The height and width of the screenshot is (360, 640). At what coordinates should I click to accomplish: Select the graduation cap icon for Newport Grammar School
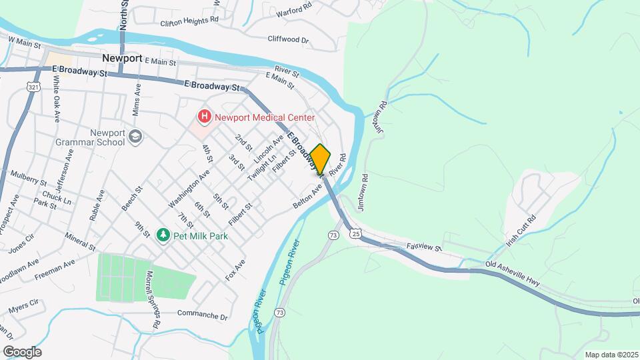tap(136, 137)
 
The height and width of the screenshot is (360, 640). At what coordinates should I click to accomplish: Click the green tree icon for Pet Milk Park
tap(163, 235)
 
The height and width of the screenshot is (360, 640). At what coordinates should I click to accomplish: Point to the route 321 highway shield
tap(33, 87)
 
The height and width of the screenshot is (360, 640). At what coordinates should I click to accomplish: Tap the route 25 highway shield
tap(357, 234)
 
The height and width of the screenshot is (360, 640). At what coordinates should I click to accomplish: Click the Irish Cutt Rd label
tap(521, 231)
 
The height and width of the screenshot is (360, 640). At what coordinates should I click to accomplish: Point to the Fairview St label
tap(424, 247)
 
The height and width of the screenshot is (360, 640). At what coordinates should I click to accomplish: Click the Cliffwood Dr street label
tap(289, 40)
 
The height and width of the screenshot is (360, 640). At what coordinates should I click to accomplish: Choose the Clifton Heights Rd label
tap(189, 21)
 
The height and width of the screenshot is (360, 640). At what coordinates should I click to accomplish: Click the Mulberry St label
tap(28, 178)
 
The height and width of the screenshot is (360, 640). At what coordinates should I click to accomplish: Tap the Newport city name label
tap(122, 58)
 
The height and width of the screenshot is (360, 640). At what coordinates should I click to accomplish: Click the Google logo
tap(22, 351)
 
